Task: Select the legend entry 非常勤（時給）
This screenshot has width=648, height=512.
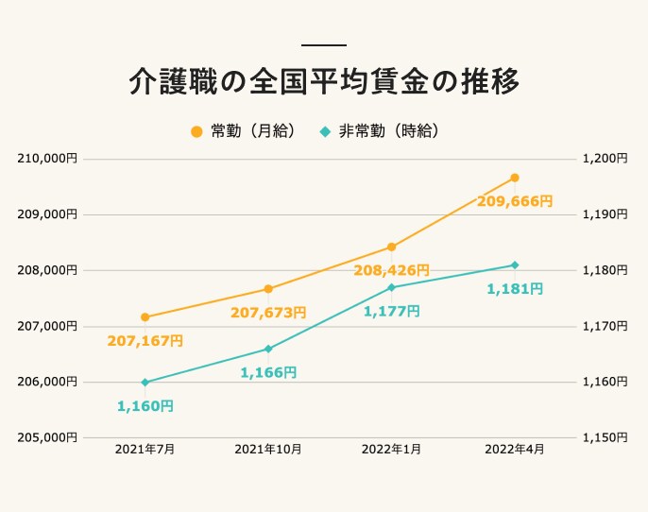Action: (380, 131)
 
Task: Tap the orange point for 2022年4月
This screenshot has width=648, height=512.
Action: (515, 178)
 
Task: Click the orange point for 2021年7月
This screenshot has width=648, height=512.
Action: (145, 317)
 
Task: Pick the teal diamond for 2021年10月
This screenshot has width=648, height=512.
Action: (268, 350)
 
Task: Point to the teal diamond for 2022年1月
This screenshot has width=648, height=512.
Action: (391, 287)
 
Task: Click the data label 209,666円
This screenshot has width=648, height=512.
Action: (514, 201)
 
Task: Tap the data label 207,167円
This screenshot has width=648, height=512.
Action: (145, 340)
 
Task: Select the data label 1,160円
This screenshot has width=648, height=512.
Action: (145, 406)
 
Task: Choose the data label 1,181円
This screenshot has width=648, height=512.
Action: (515, 289)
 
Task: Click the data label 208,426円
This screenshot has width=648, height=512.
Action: (391, 271)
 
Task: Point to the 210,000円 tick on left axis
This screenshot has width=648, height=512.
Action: (46, 159)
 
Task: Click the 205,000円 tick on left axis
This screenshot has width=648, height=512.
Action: (46, 437)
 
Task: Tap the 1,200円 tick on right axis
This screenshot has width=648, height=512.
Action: (605, 159)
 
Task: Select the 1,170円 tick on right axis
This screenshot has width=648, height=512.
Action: (605, 326)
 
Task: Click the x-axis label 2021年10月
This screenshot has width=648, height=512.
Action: (268, 450)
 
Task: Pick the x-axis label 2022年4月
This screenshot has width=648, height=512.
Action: (515, 450)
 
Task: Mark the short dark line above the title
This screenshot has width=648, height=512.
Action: (324, 45)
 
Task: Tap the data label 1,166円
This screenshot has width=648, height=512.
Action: (268, 373)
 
